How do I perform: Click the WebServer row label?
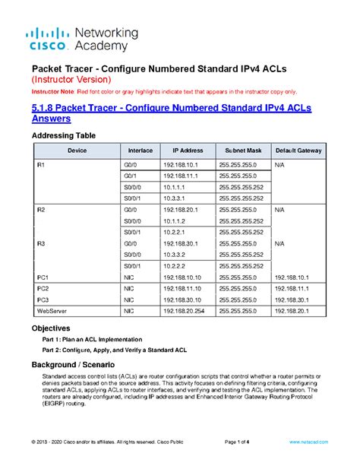pyautogui.click(x=54, y=311)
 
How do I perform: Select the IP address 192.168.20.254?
pyautogui.click(x=182, y=311)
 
